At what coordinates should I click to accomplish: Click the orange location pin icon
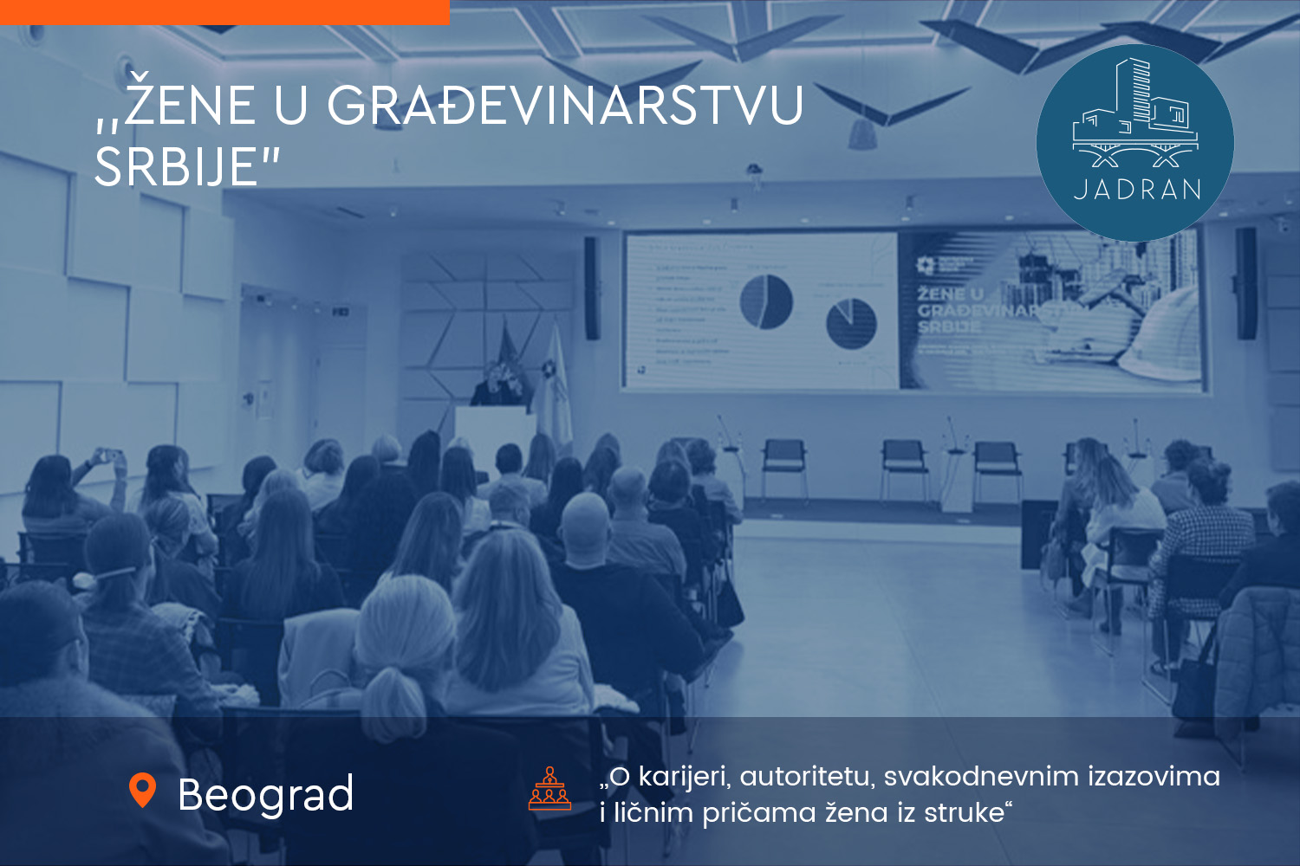pyautogui.click(x=142, y=789)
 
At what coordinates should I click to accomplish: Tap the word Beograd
pyautogui.click(x=265, y=794)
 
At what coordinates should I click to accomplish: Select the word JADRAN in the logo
pyautogui.click(x=1137, y=190)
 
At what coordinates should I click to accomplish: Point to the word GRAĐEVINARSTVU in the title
pyautogui.click(x=565, y=106)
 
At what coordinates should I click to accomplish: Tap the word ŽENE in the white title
pyautogui.click(x=190, y=106)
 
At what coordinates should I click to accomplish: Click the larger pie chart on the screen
pyautogui.click(x=766, y=301)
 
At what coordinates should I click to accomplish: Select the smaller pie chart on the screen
pyautogui.click(x=851, y=323)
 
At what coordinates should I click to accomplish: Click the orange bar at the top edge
pyautogui.click(x=224, y=12)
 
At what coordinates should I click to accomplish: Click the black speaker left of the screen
pyautogui.click(x=592, y=288)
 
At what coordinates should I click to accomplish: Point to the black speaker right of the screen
pyautogui.click(x=1245, y=283)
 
